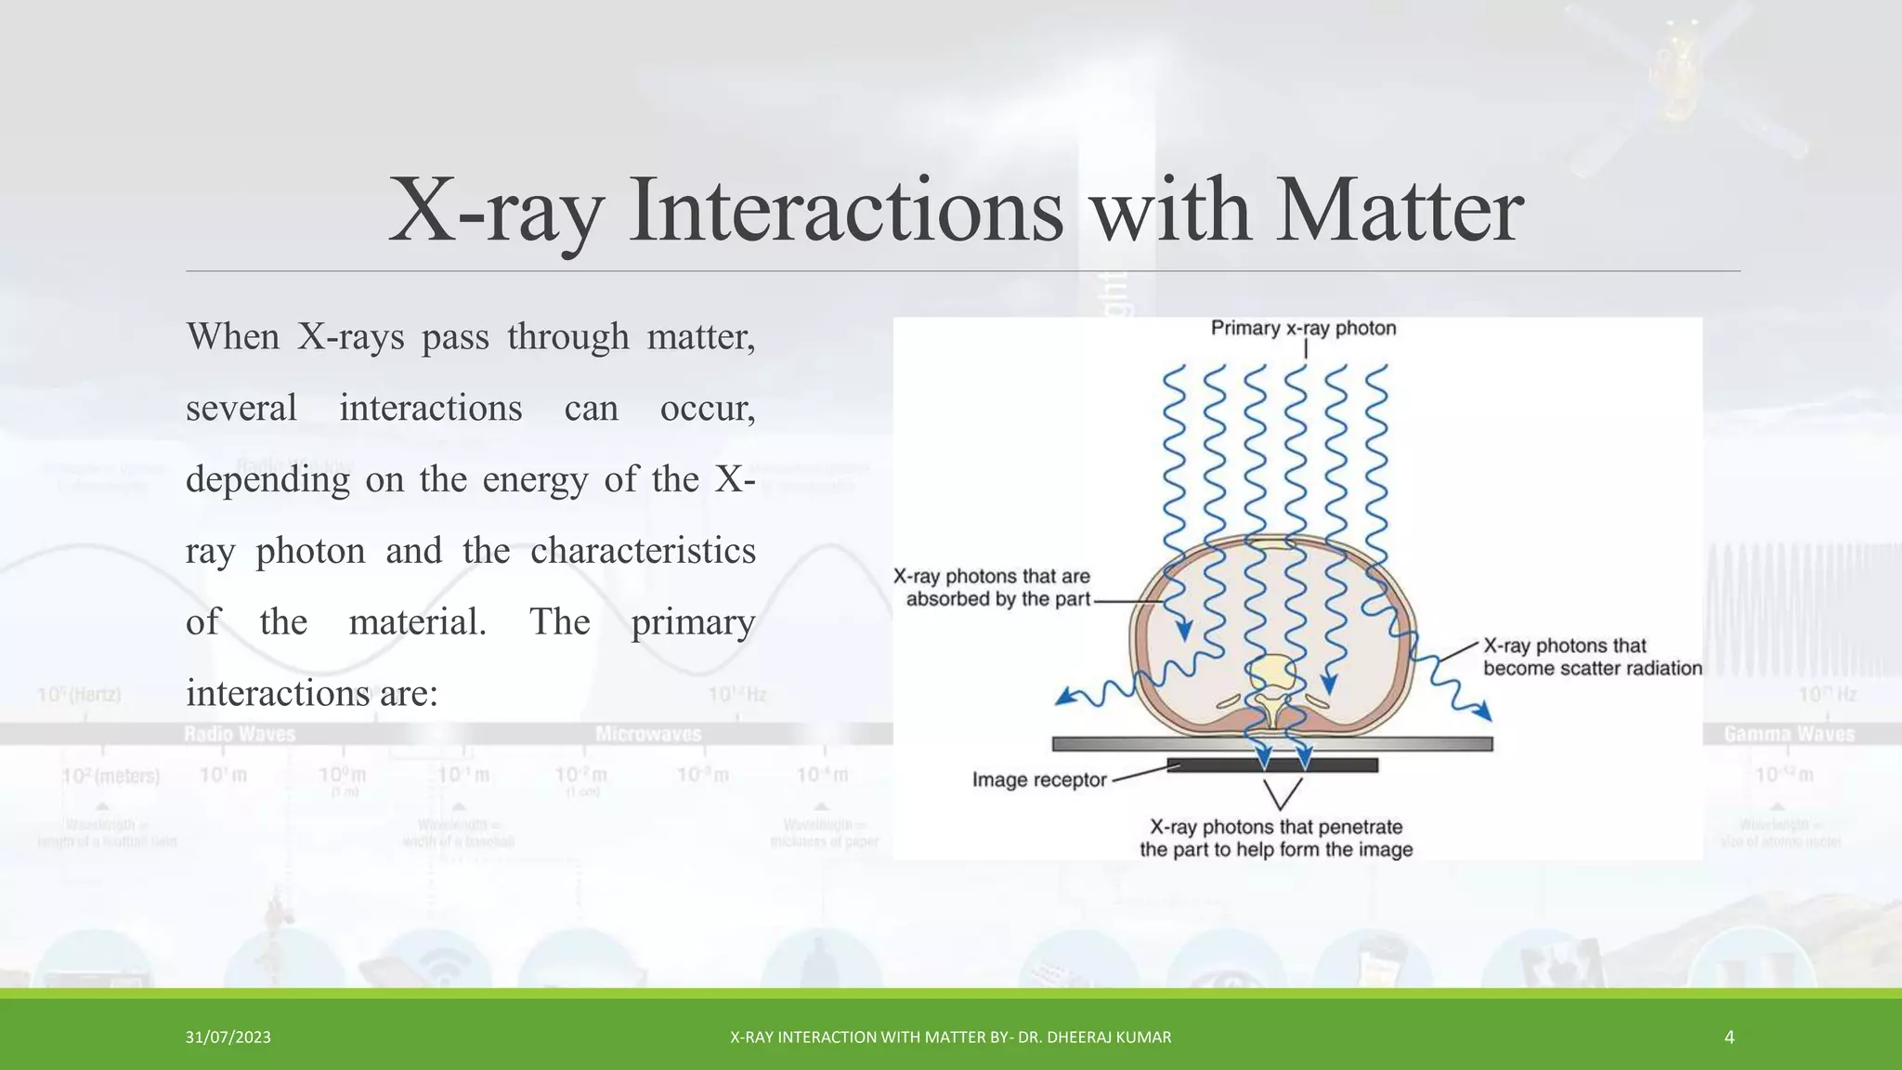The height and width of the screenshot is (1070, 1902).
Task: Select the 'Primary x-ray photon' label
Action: (x=1303, y=328)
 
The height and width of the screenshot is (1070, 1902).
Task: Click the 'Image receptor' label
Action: (x=1038, y=780)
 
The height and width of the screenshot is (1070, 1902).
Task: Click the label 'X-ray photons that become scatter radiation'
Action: (x=1592, y=657)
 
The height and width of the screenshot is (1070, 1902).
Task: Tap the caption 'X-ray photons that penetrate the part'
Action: (x=1276, y=838)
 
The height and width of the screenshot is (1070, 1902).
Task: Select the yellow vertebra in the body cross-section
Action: (x=1271, y=674)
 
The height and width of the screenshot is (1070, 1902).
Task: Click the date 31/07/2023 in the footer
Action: (x=228, y=1037)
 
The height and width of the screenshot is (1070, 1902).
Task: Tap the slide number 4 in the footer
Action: (x=1728, y=1037)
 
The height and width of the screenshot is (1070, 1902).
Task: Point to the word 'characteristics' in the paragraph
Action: (x=643, y=551)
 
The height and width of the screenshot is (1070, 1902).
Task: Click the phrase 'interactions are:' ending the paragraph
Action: (x=311, y=694)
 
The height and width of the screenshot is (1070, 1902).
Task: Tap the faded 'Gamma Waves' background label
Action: (x=1789, y=735)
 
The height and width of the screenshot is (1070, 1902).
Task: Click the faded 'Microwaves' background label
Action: (x=648, y=735)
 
